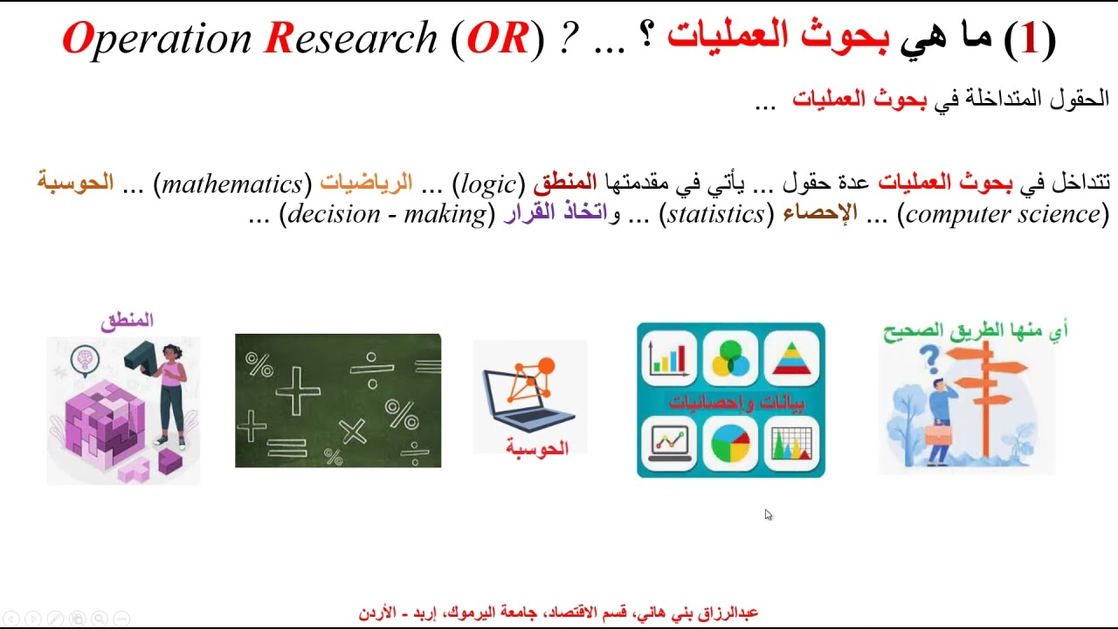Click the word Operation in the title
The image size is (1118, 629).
(x=157, y=38)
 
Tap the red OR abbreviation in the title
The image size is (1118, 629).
(x=498, y=38)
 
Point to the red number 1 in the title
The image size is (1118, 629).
(x=1030, y=38)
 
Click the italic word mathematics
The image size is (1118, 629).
(x=231, y=184)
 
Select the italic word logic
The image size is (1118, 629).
(x=488, y=184)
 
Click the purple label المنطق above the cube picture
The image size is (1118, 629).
(x=127, y=321)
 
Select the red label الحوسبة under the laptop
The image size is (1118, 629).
(x=536, y=448)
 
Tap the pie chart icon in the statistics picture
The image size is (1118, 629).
(x=731, y=443)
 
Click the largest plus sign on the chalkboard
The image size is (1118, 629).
(x=298, y=390)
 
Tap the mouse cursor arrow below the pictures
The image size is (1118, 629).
(x=768, y=515)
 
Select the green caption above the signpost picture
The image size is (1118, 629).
(x=973, y=330)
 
